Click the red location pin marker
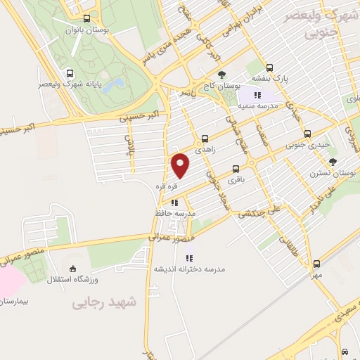point(181,165)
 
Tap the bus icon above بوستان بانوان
point(86,19)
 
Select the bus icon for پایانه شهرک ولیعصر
point(70,73)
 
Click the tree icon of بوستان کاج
point(222,74)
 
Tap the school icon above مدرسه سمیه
point(257,95)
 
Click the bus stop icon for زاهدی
point(205,139)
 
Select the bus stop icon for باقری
point(236,169)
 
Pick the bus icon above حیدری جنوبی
point(307,134)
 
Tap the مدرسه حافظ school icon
point(174,202)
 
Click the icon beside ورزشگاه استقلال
point(72,269)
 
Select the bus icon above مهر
point(316,264)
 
